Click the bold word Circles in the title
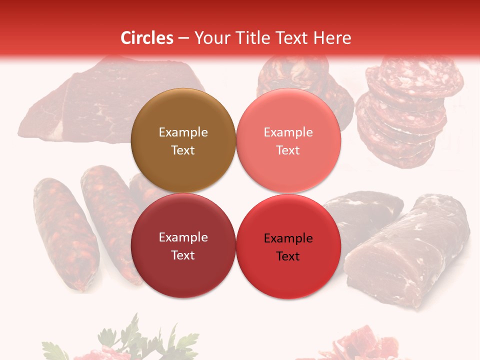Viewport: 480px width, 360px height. [x=146, y=38]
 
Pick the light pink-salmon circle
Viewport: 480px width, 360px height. [x=288, y=112]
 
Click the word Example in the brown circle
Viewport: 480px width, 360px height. [x=183, y=132]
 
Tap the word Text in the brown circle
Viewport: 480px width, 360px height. [x=183, y=150]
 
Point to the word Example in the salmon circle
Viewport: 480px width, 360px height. [x=288, y=132]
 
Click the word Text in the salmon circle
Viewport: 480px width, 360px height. [x=288, y=150]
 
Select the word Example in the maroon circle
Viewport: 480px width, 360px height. [x=183, y=237]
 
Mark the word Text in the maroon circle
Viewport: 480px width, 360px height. [x=183, y=255]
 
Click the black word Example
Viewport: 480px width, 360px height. [x=288, y=238]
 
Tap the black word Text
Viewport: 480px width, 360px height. [x=288, y=256]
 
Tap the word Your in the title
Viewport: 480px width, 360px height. [x=210, y=38]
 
